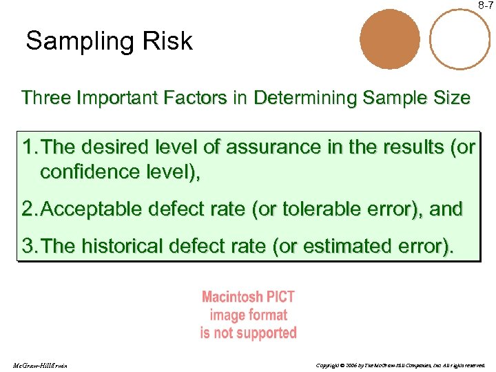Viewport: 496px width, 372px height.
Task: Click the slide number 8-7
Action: pyautogui.click(x=485, y=6)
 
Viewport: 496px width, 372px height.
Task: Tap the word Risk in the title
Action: pyautogui.click(x=169, y=41)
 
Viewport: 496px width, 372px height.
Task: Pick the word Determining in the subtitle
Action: pyautogui.click(x=300, y=98)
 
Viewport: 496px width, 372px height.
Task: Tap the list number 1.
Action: pyautogui.click(x=28, y=147)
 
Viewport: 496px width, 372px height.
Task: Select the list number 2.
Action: pyautogui.click(x=28, y=209)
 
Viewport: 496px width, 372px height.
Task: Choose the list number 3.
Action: pyautogui.click(x=28, y=246)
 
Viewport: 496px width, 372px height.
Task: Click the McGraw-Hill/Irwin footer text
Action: pyautogui.click(x=39, y=365)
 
